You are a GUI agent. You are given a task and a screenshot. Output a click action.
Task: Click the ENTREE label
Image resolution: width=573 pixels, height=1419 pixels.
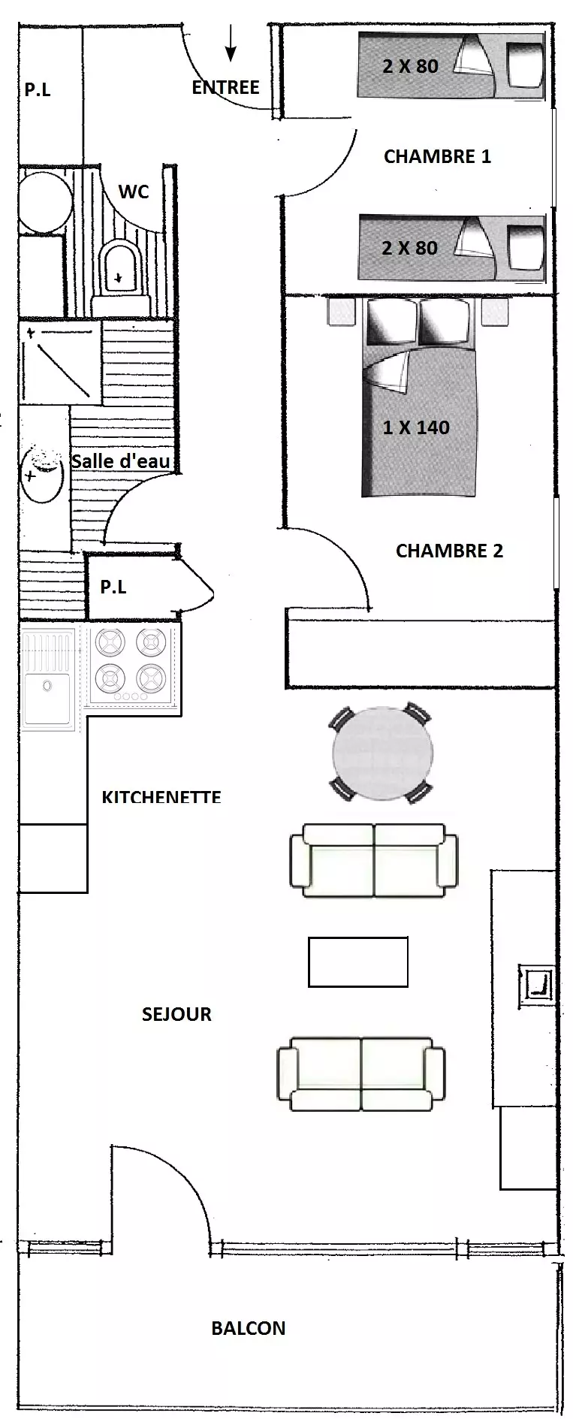click(x=225, y=87)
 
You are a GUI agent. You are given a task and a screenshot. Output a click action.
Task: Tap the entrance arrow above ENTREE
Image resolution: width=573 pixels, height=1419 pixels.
click(x=231, y=42)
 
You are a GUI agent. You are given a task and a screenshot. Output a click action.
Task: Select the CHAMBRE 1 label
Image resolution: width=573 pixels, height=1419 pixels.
click(x=437, y=156)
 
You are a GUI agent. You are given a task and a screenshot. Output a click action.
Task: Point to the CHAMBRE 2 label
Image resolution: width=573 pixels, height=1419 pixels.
click(x=449, y=551)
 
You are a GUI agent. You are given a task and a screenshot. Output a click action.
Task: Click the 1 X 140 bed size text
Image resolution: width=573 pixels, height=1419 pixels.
click(x=416, y=427)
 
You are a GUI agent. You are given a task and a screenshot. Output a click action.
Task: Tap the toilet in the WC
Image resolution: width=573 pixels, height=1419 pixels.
click(x=119, y=271)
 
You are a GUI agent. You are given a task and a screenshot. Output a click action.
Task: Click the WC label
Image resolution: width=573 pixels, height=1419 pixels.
click(x=134, y=192)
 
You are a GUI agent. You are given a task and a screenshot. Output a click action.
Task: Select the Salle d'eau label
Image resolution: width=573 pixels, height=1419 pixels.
click(x=121, y=461)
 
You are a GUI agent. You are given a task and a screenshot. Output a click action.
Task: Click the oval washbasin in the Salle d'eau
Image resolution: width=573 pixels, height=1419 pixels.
click(x=42, y=474)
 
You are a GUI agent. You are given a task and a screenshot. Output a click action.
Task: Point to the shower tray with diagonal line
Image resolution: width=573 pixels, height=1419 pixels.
click(x=60, y=364)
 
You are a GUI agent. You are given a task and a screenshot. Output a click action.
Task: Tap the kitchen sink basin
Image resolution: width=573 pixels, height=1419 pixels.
click(x=47, y=699)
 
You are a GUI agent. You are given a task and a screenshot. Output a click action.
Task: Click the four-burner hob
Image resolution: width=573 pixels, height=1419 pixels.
click(x=131, y=665)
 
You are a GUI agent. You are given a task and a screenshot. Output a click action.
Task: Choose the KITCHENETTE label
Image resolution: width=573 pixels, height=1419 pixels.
click(x=161, y=797)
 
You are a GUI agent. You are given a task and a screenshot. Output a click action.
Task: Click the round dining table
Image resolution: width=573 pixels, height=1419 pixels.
click(x=383, y=753)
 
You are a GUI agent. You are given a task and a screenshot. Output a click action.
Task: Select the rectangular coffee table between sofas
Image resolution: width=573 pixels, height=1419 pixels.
click(x=358, y=962)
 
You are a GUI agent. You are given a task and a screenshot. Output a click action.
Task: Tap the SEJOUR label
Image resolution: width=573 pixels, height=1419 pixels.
click(x=176, y=1014)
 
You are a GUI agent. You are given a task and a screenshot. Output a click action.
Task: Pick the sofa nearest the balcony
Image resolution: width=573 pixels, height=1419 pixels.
click(x=361, y=1073)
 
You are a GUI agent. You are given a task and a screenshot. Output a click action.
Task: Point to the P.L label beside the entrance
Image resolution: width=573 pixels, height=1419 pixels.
click(x=38, y=89)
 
